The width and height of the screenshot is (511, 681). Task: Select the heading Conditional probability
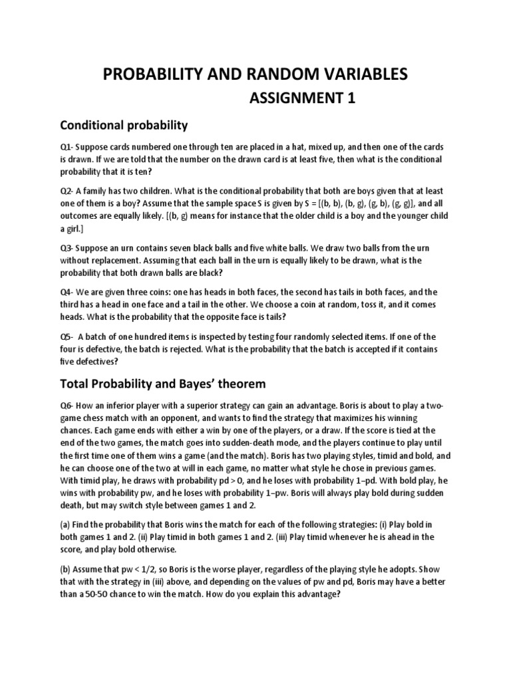pos(124,125)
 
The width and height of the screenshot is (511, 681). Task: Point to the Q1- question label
pos(67,147)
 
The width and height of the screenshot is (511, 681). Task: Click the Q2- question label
pos(67,191)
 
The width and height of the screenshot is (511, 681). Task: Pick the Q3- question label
pos(67,248)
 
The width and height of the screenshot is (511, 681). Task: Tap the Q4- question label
pos(67,292)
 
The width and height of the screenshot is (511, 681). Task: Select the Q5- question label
pos(67,337)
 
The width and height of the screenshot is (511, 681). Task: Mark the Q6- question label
pos(67,405)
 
